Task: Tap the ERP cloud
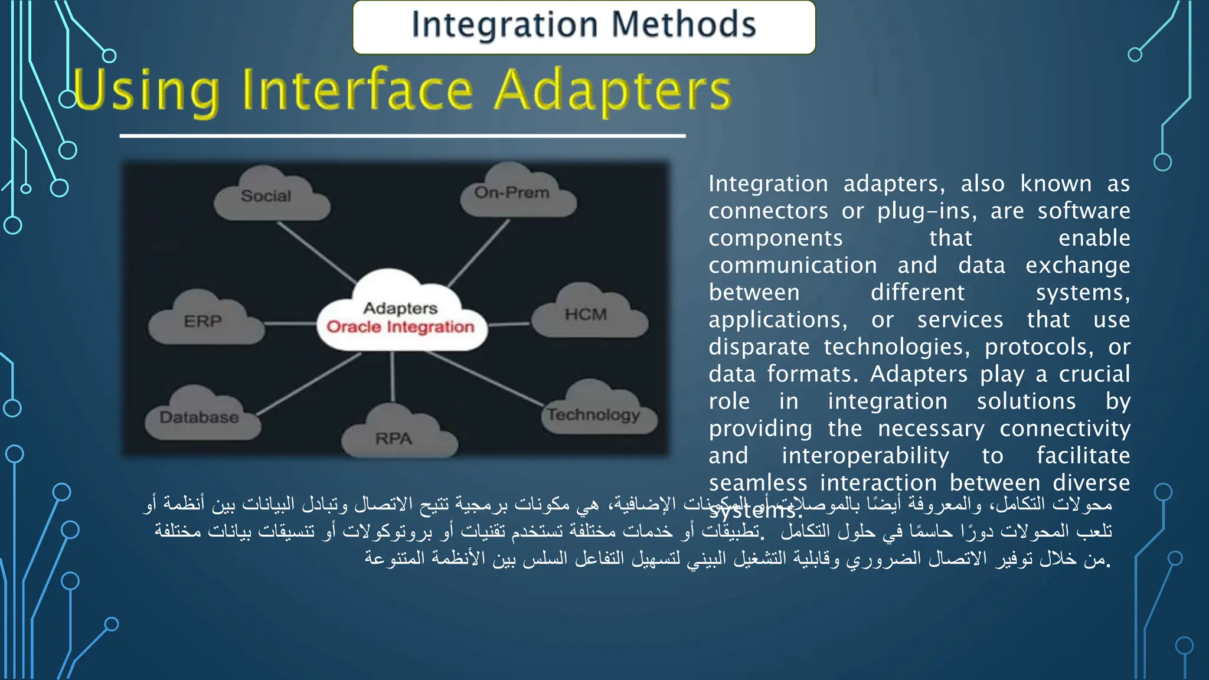204,322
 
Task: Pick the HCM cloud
587,315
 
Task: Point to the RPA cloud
396,438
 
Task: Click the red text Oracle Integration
400,327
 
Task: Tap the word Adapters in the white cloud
400,308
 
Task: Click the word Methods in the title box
683,25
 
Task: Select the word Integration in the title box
505,25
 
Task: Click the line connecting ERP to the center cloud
290,323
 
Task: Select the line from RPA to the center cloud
393,378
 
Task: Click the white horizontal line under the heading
401,136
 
